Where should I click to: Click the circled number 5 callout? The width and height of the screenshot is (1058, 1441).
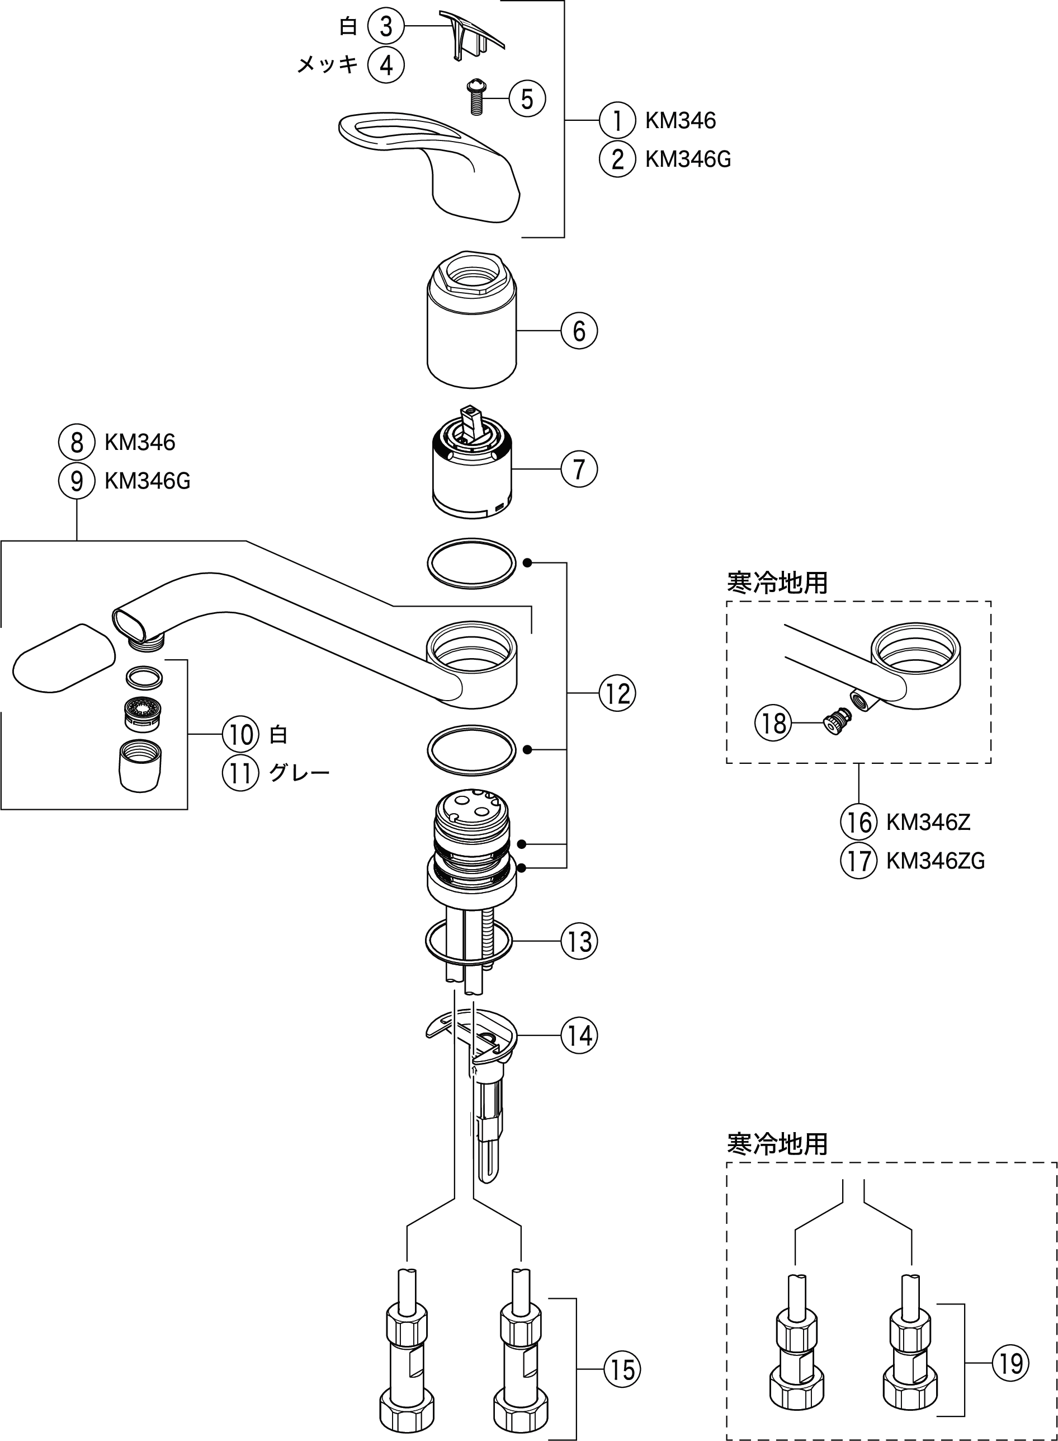[527, 99]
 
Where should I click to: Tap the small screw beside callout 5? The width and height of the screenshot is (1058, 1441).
[476, 97]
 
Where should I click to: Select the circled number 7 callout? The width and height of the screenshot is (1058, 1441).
[579, 469]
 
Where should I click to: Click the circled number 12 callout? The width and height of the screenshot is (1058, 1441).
[617, 693]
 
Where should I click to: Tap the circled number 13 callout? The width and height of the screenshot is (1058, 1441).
[579, 941]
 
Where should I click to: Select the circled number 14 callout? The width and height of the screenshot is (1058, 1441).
[579, 1035]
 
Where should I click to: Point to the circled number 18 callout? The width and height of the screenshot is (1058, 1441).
[773, 724]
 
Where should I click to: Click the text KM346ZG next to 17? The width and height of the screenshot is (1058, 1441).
[935, 861]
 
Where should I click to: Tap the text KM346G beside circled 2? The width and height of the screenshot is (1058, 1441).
[688, 159]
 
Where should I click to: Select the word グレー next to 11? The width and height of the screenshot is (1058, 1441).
[299, 773]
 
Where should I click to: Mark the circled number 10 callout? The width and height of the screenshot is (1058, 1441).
[240, 734]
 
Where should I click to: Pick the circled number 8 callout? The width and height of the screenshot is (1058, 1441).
[77, 442]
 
